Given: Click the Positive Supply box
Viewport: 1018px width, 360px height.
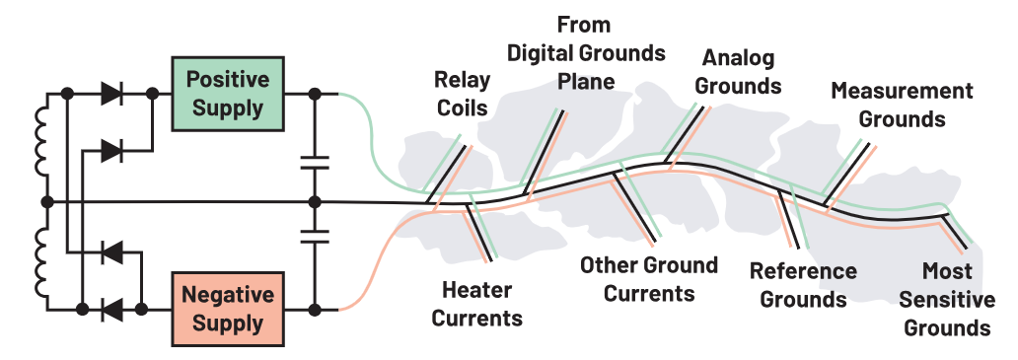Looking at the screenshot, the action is tap(227, 94).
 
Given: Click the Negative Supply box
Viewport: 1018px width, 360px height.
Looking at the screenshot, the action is tap(227, 309).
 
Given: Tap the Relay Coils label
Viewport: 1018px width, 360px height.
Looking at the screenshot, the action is tap(462, 94).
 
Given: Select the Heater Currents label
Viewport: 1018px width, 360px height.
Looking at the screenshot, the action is tap(477, 304).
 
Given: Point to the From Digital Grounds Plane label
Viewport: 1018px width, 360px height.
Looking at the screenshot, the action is tap(586, 53).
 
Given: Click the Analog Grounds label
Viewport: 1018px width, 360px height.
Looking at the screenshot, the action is tap(738, 71).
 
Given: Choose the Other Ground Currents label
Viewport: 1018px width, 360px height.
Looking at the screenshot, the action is tap(649, 279).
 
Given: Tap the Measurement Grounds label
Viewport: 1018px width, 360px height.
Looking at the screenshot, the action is tap(902, 105).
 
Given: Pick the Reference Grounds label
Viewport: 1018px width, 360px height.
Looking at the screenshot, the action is tap(803, 285).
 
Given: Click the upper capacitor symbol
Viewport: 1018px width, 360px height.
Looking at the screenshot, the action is tap(315, 162).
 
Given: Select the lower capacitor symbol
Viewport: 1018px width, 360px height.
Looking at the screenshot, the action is tap(315, 235).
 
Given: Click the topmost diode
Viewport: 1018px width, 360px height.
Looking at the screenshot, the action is tap(111, 94).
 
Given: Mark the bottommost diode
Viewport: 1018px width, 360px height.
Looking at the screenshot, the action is tap(111, 310).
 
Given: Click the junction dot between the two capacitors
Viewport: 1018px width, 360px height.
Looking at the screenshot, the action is tap(315, 202).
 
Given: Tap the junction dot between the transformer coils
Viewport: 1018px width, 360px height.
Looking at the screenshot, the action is tap(46, 202).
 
